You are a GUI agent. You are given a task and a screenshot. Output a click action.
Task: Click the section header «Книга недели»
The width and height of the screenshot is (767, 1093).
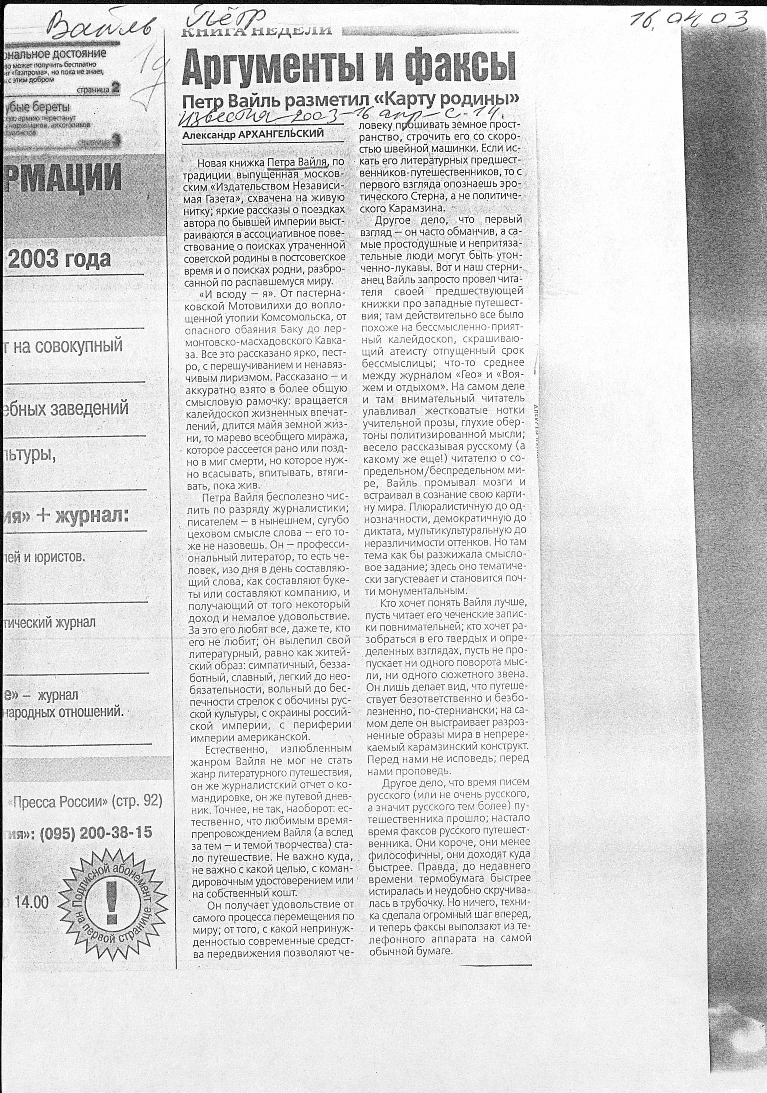(257, 31)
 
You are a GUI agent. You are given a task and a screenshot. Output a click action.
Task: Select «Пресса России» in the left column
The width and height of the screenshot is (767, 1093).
(57, 802)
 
